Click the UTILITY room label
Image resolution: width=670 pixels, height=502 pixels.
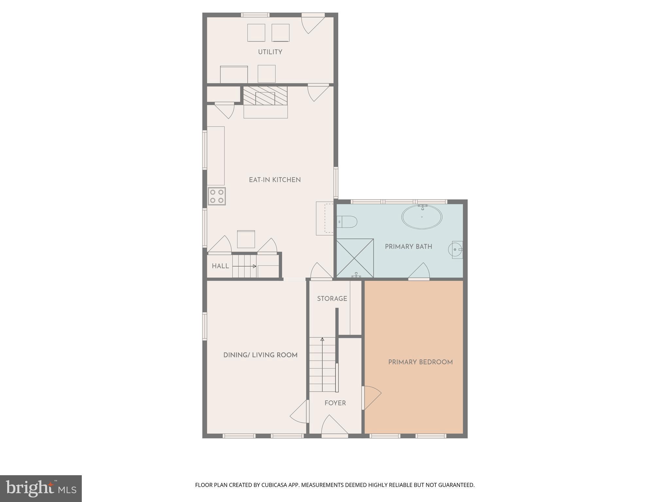[x=270, y=52]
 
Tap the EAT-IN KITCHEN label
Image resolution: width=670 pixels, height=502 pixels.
[x=274, y=180]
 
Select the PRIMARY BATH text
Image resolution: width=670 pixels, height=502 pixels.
[x=408, y=247]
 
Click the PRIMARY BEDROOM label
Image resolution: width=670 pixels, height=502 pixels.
[x=420, y=362]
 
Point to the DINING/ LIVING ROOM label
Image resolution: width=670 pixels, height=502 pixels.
[x=260, y=355]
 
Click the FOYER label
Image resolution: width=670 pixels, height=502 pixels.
[x=335, y=403]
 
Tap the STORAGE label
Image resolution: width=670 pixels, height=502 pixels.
[x=332, y=299]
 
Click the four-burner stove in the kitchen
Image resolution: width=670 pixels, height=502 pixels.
[x=217, y=196]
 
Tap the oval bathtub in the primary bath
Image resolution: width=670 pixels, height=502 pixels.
[x=422, y=217]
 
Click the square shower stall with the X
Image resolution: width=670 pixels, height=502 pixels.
[x=355, y=258]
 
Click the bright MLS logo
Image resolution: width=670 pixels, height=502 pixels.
[x=41, y=488]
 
